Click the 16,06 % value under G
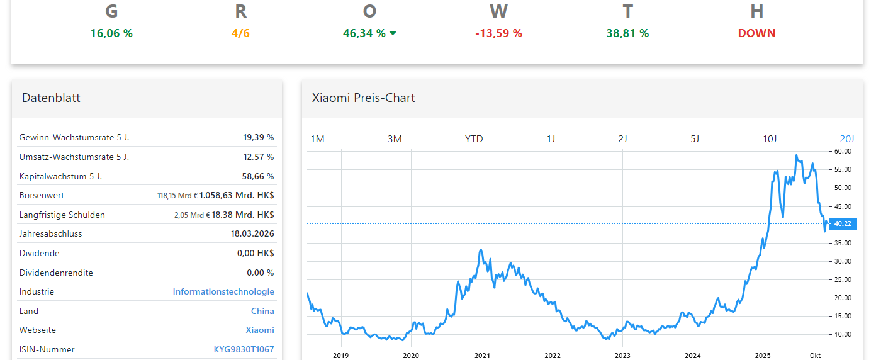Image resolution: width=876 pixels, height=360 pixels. (111, 33)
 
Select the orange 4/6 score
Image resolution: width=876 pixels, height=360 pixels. (240, 33)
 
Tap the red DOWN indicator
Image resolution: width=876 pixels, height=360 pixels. (756, 33)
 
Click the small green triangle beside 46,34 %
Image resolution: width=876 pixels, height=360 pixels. (393, 33)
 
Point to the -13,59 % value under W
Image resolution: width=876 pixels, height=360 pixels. (498, 33)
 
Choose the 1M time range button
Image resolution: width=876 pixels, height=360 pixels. (317, 138)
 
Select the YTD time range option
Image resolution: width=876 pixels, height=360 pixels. (474, 138)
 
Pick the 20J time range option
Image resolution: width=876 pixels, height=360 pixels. (847, 138)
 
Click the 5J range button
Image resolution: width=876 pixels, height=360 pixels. (695, 138)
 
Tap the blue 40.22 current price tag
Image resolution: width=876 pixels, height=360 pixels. (843, 223)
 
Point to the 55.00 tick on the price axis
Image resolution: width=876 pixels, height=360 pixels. (843, 170)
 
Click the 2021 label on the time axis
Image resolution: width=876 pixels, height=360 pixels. (483, 356)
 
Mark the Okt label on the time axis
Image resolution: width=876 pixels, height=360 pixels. (815, 356)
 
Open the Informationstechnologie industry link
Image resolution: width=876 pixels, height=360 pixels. (223, 292)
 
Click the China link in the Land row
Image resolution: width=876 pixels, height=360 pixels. (262, 311)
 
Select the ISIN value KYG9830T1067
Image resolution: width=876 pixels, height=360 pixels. (244, 349)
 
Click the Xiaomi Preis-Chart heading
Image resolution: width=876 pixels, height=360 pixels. (364, 98)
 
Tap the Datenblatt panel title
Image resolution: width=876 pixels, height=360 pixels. (51, 98)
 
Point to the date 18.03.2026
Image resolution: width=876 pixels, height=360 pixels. (252, 233)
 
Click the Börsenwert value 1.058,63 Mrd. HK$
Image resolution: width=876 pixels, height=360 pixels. (237, 195)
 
